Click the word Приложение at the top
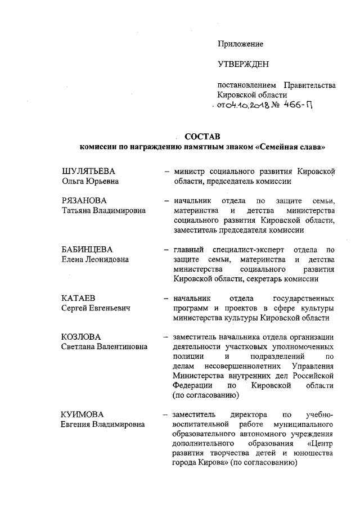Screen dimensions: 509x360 point(240,43)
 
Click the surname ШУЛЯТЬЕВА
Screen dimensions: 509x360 point(90,171)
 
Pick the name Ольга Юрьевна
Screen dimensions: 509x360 point(90,181)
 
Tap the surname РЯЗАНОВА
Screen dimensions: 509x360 point(84,201)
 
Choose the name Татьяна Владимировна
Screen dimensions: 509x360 point(103,210)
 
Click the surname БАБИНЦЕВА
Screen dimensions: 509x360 point(88,249)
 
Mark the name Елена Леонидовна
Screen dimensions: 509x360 point(95,259)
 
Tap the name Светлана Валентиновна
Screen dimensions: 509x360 point(104,347)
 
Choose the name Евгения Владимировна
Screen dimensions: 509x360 point(102,425)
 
